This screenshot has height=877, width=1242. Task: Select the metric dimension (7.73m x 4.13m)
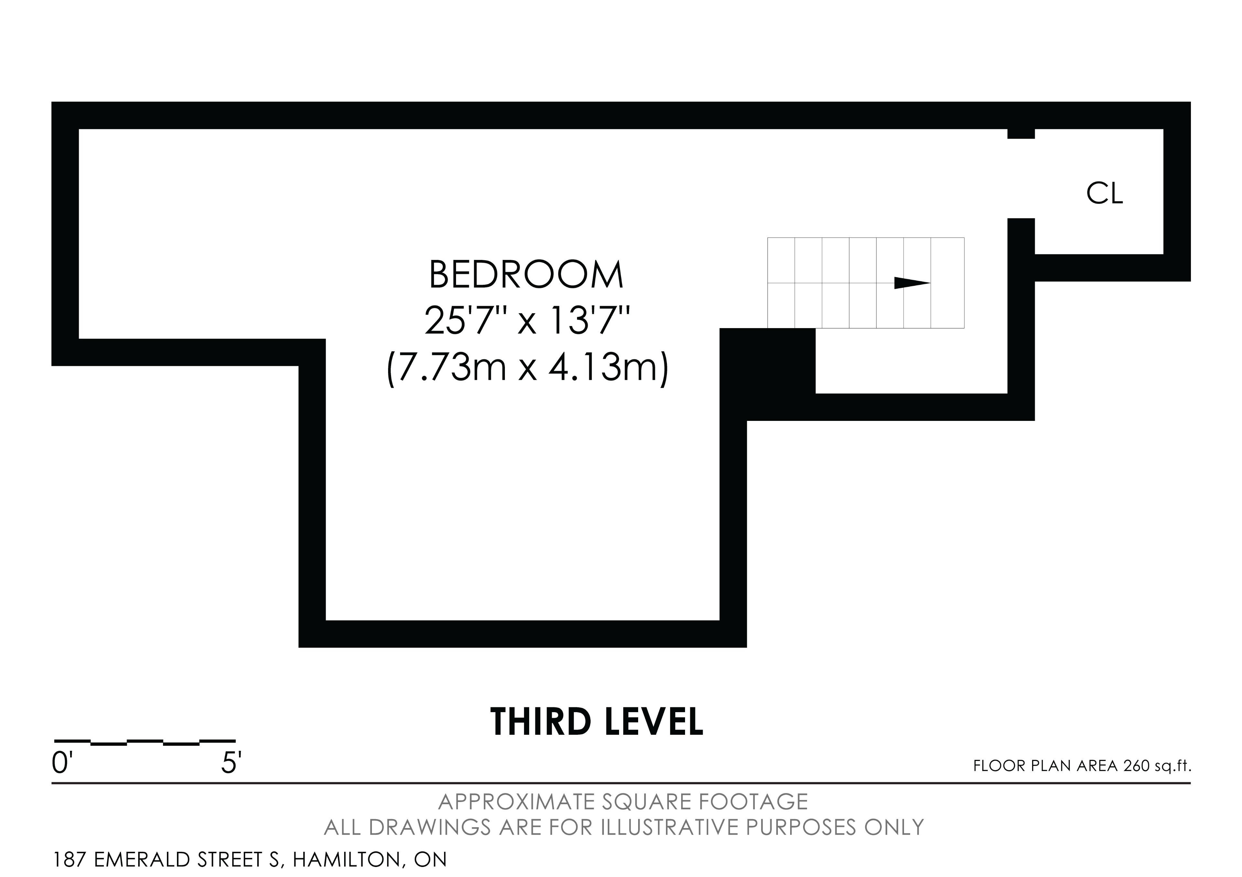pos(528,368)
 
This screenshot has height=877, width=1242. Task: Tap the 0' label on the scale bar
pos(62,764)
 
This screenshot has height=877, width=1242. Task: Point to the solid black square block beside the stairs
pos(768,361)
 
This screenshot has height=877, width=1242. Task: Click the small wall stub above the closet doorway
pos(1021,134)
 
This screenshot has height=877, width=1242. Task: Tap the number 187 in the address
pos(70,860)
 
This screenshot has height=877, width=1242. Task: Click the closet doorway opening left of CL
pos(1021,178)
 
